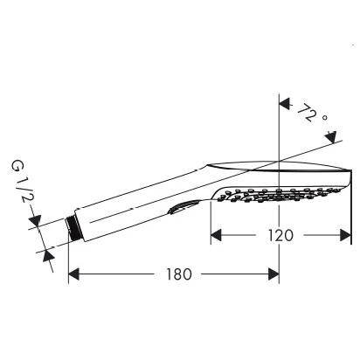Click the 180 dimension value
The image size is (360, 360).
click(179, 274)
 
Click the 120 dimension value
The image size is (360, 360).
click(280, 235)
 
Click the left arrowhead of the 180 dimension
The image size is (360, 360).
click(73, 274)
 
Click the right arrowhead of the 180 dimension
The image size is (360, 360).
click(273, 274)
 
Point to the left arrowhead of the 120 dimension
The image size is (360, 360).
click(216, 235)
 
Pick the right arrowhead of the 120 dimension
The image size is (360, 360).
click(345, 235)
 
